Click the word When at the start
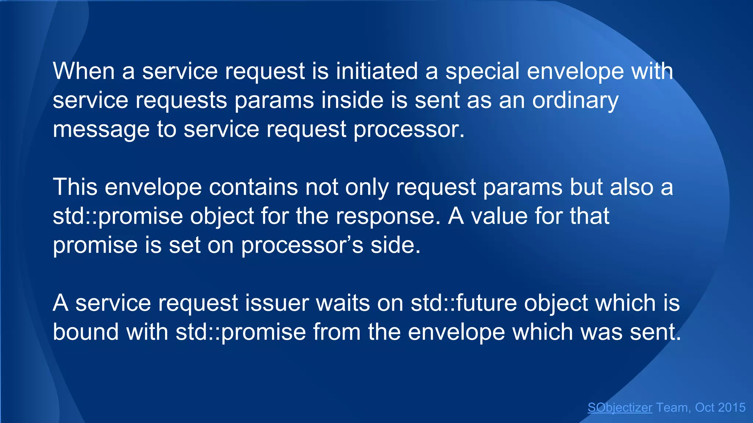click(x=84, y=71)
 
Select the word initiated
click(x=377, y=71)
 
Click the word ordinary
click(x=575, y=100)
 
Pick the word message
click(x=101, y=129)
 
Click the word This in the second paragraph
click(x=75, y=187)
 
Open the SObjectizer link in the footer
click(x=620, y=408)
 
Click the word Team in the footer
click(x=672, y=408)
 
